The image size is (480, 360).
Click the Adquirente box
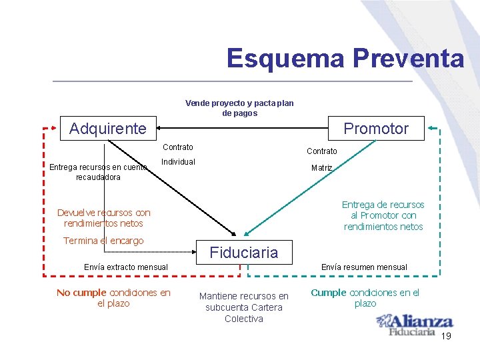click(108, 129)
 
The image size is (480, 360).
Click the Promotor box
click(376, 129)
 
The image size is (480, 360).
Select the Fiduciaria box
click(244, 252)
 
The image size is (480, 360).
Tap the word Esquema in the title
click(285, 59)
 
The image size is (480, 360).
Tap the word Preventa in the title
click(408, 59)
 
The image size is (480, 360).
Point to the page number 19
click(446, 336)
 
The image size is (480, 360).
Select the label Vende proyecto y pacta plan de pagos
click(239, 108)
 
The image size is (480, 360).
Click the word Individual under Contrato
click(178, 162)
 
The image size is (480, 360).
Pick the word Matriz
click(321, 168)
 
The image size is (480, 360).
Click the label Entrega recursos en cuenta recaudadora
click(98, 172)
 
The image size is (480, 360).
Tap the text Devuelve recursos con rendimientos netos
click(104, 218)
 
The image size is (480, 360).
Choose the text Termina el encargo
click(103, 241)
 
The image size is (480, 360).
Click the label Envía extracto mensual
click(126, 267)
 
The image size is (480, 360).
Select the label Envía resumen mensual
click(364, 267)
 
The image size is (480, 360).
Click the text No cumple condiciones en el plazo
click(113, 298)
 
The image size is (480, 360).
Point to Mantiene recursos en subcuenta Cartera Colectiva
click(244, 307)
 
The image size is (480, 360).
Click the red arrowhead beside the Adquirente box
click(56, 127)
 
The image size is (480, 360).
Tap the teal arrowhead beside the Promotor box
click(432, 127)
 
